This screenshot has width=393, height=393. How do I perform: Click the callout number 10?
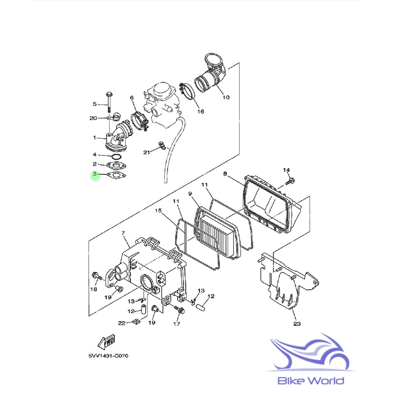pyautogui.click(x=226, y=97)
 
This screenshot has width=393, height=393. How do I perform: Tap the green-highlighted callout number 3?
pyautogui.click(x=95, y=175)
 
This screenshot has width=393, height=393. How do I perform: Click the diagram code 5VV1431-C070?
pyautogui.click(x=108, y=356)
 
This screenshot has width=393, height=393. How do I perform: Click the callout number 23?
pyautogui.click(x=297, y=324)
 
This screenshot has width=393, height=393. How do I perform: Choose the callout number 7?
pyautogui.click(x=122, y=233)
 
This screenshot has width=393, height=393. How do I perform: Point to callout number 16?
pyautogui.click(x=200, y=111)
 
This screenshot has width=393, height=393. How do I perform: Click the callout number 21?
pyautogui.click(x=147, y=152)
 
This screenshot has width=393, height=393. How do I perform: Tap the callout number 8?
pyautogui.click(x=225, y=174)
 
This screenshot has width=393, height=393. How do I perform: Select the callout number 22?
pyautogui.click(x=121, y=323)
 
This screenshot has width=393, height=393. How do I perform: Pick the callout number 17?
pyautogui.click(x=177, y=324)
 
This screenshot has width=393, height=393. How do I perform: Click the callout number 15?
pyautogui.click(x=159, y=210)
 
